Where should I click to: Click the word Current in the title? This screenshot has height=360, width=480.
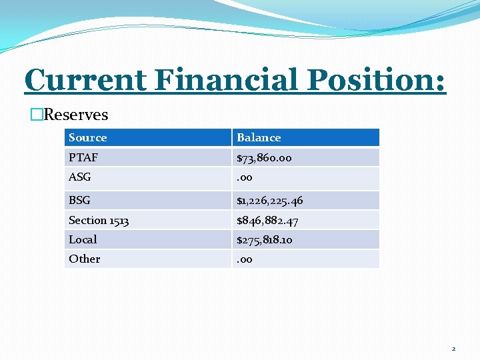click(85, 81)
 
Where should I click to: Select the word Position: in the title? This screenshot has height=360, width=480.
click(376, 81)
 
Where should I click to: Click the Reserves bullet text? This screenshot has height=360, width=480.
click(75, 115)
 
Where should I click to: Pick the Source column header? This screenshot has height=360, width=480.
click(87, 138)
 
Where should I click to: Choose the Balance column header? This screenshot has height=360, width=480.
click(259, 138)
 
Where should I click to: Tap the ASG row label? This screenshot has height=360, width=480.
click(79, 177)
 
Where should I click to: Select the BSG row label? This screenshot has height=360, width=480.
click(79, 200)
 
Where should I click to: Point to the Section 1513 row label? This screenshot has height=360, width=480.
click(99, 220)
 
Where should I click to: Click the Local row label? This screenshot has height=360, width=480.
click(83, 239)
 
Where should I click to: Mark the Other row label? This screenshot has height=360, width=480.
click(84, 259)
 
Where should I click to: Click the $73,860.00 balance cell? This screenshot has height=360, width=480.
click(264, 159)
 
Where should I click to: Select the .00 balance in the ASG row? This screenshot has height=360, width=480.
click(245, 178)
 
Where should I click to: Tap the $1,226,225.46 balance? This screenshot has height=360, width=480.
click(269, 201)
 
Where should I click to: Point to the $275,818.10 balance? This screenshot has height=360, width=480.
click(264, 240)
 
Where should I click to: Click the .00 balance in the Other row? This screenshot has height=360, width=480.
click(245, 259)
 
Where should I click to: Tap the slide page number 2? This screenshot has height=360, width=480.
click(453, 349)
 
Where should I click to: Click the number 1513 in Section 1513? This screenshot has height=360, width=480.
click(119, 220)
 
